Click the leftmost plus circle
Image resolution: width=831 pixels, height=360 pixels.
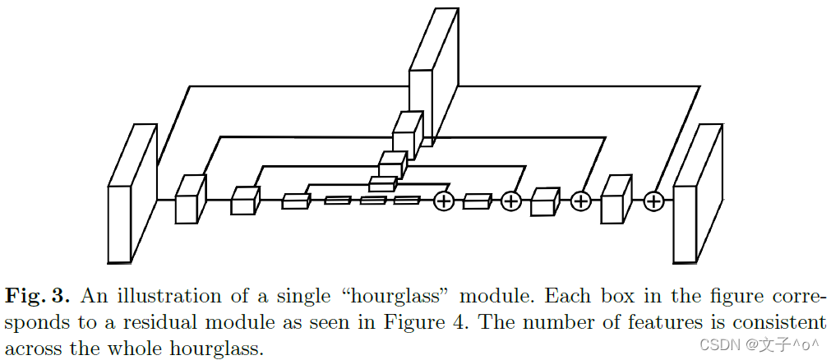tap(444, 201)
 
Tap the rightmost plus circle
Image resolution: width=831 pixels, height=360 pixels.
tap(653, 201)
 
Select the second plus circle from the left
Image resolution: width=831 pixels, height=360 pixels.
tap(511, 201)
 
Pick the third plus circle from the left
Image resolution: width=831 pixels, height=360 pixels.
tap(581, 201)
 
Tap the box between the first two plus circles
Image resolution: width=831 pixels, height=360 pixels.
tap(477, 201)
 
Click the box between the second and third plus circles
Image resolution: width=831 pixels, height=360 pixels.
tap(544, 201)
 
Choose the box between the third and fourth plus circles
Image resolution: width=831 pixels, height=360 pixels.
tap(616, 199)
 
